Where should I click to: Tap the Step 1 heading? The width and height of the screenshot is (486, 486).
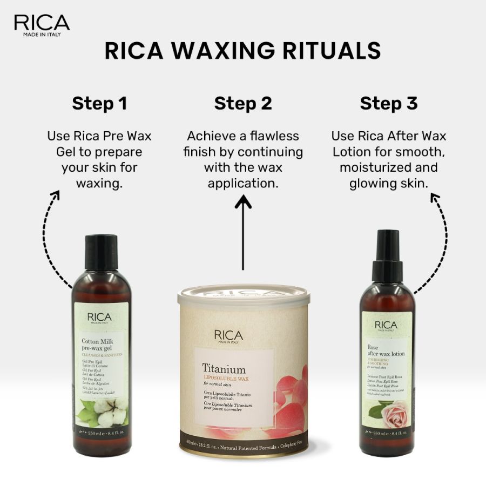pos(99,103)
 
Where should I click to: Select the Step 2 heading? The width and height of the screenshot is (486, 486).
pos(243,103)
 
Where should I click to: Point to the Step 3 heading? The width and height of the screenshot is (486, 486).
pos(389,103)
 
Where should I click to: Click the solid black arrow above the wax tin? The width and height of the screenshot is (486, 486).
pos(244,232)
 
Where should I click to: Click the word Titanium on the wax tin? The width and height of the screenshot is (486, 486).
pos(224,369)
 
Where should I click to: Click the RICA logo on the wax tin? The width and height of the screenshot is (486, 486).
pos(228,336)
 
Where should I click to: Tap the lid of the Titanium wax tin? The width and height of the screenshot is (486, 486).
pos(244,296)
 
